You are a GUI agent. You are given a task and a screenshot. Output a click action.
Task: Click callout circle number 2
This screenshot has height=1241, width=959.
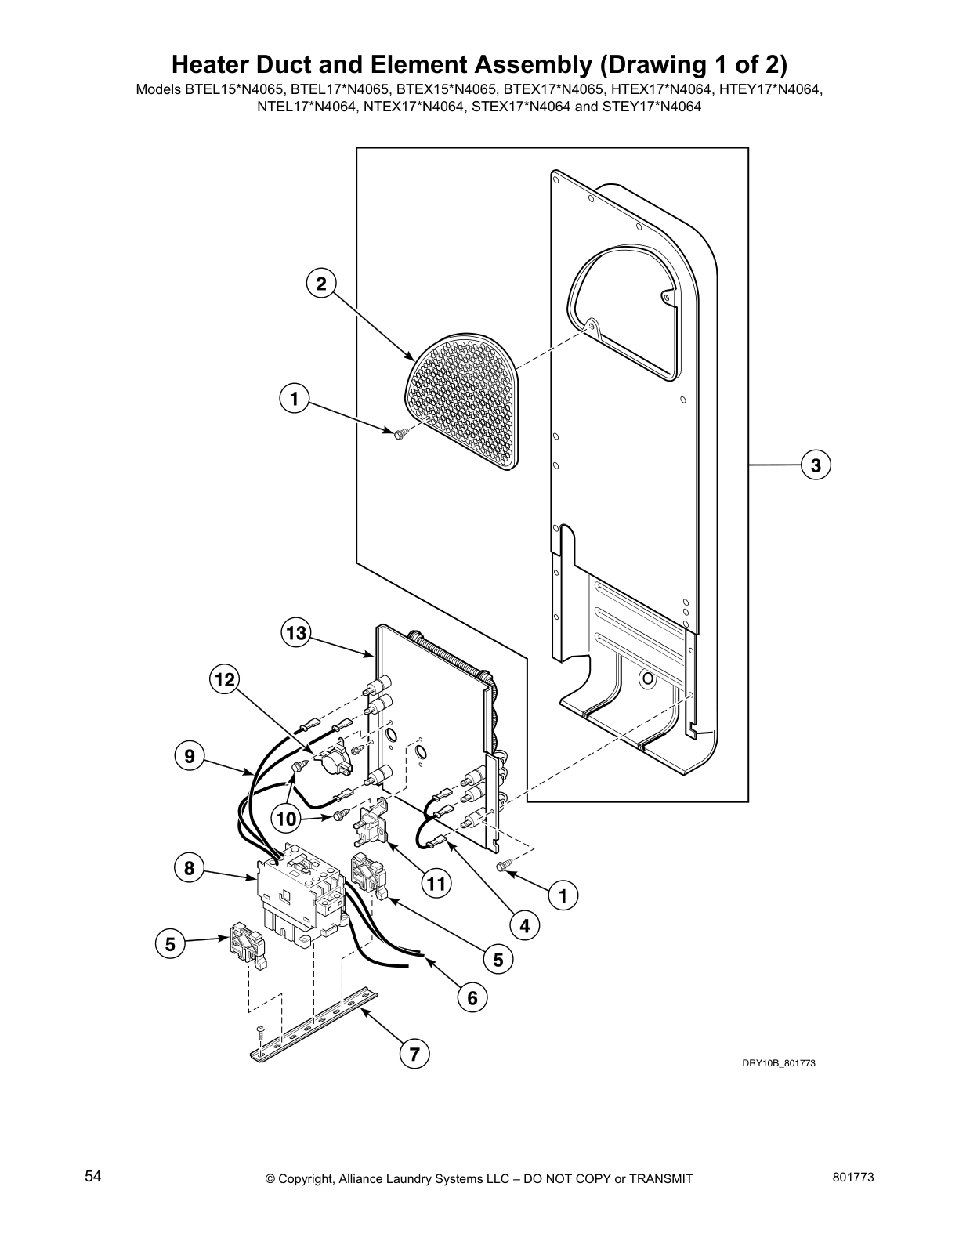[320, 284]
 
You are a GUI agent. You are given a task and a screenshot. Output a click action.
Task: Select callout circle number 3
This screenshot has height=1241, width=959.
[816, 465]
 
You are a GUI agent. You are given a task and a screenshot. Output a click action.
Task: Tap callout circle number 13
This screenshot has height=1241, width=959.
[295, 633]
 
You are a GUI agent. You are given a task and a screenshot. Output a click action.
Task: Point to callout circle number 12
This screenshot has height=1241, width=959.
[225, 680]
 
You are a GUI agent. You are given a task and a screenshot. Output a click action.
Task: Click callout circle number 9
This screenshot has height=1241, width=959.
[189, 756]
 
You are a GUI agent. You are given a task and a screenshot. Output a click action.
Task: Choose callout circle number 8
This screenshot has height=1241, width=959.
[189, 868]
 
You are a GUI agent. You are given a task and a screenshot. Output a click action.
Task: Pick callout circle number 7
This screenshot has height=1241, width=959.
[414, 1054]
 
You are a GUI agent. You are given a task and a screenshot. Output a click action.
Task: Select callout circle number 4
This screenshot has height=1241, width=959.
[524, 926]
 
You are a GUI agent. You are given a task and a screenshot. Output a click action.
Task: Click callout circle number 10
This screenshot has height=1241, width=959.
[287, 819]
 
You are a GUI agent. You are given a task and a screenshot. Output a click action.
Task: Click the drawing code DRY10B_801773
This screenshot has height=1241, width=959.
[773, 1063]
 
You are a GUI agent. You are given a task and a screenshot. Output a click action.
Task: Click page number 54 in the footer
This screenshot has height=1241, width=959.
[93, 1176]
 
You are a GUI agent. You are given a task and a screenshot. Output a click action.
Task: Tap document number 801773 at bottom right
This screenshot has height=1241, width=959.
[854, 1178]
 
